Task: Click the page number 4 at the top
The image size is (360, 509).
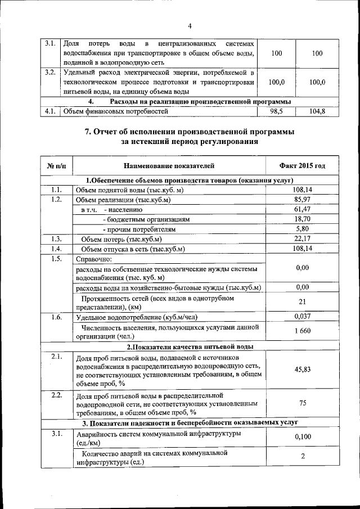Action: point(190,26)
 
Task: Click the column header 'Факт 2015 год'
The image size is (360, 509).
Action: point(302,166)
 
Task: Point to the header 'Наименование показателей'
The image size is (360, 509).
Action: point(169,166)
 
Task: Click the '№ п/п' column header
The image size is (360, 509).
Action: point(56,166)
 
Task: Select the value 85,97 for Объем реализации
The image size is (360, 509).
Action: point(302,200)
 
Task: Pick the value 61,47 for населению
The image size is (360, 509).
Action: point(302,209)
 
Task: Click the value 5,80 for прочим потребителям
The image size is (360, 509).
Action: point(302,229)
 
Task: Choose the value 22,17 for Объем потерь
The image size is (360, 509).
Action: point(302,238)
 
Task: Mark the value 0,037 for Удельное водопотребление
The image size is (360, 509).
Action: point(302,317)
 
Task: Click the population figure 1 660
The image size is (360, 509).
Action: point(302,331)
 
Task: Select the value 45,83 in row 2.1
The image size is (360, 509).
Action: point(302,370)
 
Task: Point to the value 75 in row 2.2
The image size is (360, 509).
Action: point(302,403)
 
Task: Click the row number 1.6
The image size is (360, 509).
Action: point(56,317)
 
